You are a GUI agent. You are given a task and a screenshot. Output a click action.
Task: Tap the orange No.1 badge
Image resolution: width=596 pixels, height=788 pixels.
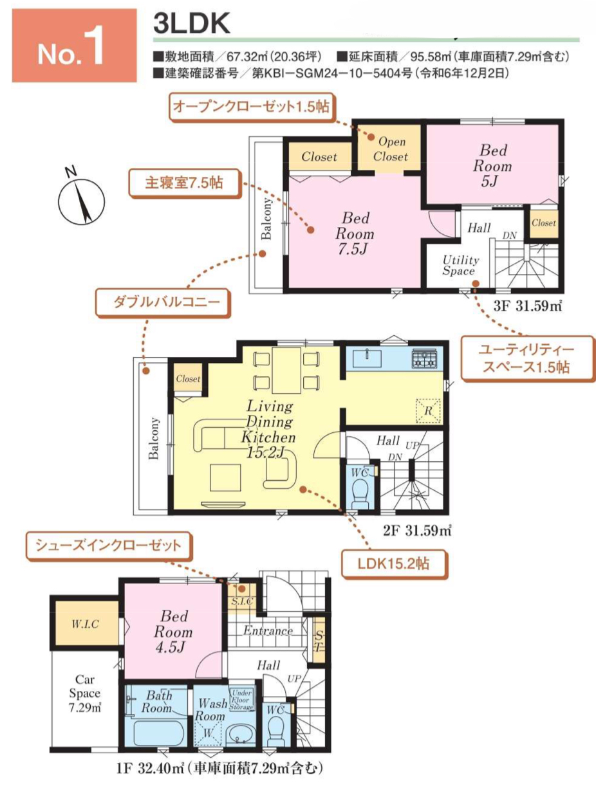pos(74,46)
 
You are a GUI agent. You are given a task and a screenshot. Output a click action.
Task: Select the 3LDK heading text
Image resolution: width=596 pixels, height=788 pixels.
pos(191,23)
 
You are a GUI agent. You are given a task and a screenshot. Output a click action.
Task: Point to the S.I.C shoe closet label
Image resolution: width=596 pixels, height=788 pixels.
pos(243,601)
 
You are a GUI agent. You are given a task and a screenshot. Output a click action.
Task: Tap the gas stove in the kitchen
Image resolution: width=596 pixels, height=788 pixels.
pos(424,358)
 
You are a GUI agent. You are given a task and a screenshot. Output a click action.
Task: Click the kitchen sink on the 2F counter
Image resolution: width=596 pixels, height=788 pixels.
pos(367,358)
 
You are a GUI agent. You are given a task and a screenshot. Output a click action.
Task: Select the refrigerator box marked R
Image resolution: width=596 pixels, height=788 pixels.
pos(428,410)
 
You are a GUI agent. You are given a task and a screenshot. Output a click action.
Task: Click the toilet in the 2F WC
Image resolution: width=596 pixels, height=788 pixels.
pos(360,493)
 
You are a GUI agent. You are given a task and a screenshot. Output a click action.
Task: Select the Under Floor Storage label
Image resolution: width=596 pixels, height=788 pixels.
pos(241,700)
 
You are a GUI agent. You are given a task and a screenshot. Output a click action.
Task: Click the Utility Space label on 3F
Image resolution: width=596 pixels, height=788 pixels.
pos(460,265)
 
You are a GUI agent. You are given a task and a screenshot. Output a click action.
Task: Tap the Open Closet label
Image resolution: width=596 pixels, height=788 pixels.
pos(391,149)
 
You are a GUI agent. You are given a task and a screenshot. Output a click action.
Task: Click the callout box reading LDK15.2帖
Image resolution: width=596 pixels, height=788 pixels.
pos(395,564)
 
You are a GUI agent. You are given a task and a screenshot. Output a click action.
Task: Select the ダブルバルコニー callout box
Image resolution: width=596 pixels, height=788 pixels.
pos(163,302)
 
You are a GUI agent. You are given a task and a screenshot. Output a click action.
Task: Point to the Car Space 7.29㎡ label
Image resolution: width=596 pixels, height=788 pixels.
pos(85,693)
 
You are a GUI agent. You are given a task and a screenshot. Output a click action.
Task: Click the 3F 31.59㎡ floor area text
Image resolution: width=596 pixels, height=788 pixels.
pos(527,306)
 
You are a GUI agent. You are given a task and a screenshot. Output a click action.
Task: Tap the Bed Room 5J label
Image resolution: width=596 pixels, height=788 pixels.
pos(492,165)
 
